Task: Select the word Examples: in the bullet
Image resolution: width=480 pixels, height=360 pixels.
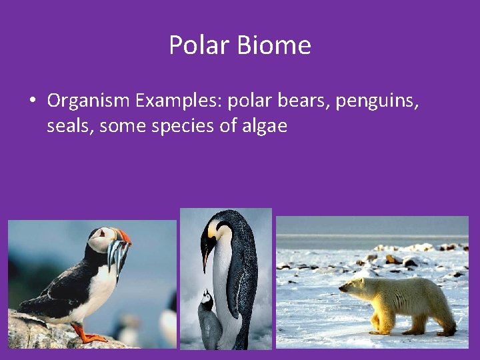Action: pos(178,101)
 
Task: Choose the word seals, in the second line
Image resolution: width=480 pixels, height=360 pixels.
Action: pos(71,126)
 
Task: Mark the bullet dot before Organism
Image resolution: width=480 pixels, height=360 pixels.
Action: pos(32,101)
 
